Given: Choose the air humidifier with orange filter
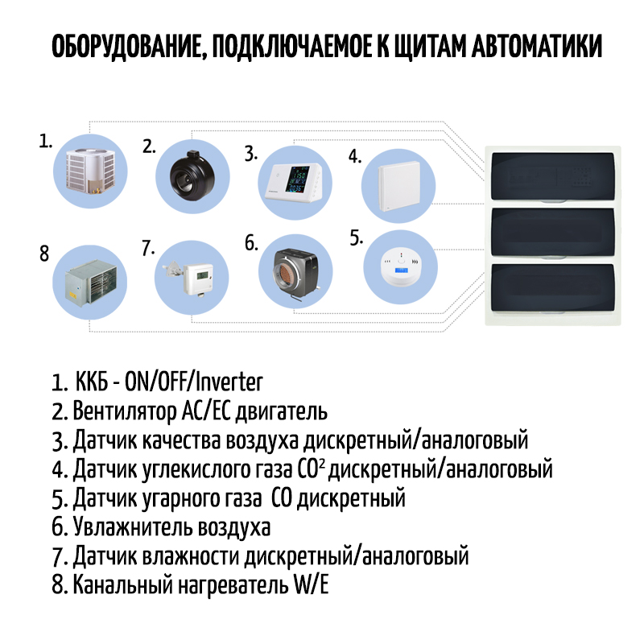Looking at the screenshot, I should click(x=291, y=274).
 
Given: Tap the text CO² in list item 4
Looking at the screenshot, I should click(x=313, y=469).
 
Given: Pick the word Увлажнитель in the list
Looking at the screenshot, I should click(x=130, y=528).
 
